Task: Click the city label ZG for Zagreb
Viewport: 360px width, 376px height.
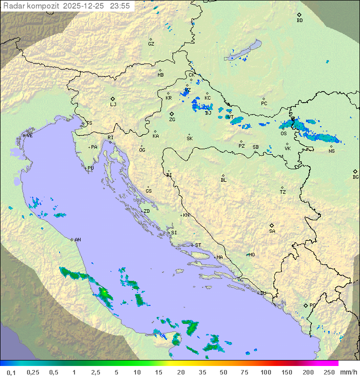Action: point(172,120)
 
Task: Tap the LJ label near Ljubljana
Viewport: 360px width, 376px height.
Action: point(113,105)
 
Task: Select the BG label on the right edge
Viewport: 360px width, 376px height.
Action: point(355,177)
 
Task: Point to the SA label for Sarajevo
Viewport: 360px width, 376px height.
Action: point(272,231)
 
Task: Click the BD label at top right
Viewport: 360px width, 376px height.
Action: point(299,21)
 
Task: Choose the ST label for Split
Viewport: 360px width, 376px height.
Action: point(198,245)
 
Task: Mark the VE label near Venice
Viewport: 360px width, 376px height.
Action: point(29,136)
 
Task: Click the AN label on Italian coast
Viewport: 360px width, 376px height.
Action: point(77,240)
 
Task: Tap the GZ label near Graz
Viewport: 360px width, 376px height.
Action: point(151,44)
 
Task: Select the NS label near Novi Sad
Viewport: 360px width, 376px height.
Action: point(331,151)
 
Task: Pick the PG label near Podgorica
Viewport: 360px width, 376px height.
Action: point(312,305)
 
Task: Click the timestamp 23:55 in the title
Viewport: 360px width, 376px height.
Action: point(120,6)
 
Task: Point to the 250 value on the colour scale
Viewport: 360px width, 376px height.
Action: point(329,372)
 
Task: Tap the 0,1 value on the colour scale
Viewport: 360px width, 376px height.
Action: point(11,372)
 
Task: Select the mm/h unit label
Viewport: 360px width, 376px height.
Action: point(348,372)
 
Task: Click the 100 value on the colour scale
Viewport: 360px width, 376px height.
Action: point(266,372)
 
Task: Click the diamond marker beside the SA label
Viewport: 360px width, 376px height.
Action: point(272,225)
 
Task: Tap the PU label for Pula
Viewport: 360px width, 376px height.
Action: point(90,168)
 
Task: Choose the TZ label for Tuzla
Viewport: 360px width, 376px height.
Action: point(283,192)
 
